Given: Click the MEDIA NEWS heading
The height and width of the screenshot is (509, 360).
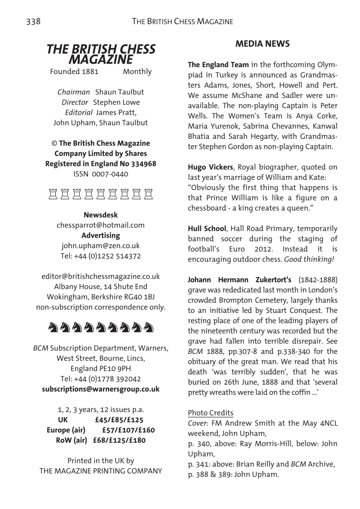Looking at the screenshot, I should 263,44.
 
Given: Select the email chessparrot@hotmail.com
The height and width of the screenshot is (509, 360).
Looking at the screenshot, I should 101,225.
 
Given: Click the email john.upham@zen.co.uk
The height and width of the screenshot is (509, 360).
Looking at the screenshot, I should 101,246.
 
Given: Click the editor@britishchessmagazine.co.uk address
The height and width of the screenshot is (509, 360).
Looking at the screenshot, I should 101,276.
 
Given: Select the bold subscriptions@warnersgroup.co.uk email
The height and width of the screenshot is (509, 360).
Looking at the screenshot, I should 101,389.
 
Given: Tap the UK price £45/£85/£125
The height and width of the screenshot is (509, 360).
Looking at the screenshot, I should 119,420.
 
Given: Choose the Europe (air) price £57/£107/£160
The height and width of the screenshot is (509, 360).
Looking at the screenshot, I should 128,430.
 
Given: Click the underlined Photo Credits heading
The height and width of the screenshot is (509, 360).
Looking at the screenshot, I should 210,413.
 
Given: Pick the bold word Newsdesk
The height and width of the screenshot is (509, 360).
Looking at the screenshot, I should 101,215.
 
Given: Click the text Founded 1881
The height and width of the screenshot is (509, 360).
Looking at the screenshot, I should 74,72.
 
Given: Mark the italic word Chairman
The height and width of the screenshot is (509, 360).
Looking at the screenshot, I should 74,92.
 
